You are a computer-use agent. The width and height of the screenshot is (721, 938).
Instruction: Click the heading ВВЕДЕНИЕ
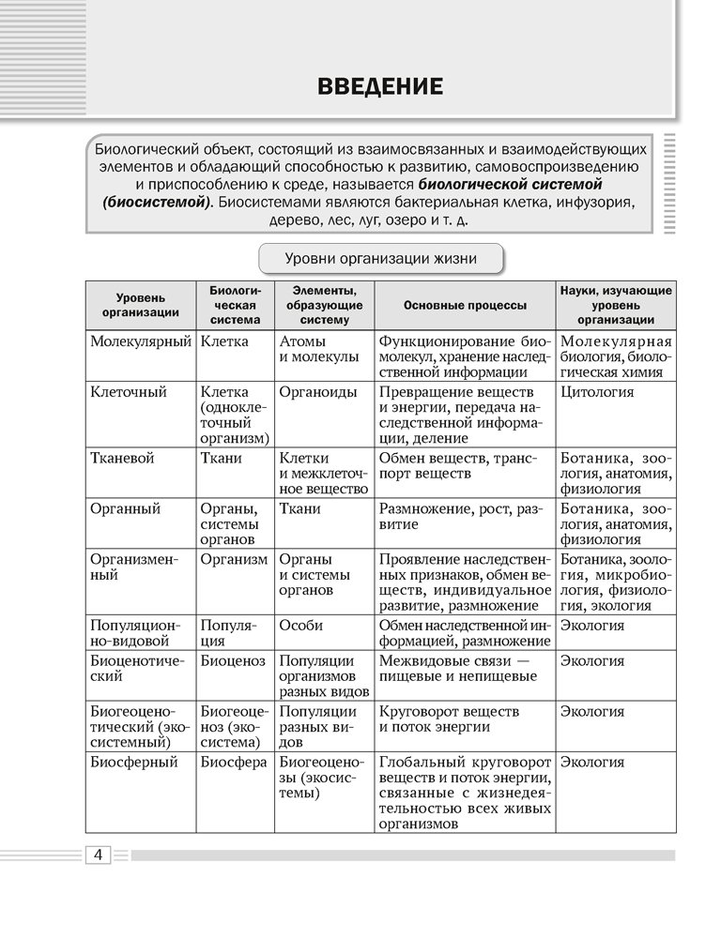click(x=380, y=88)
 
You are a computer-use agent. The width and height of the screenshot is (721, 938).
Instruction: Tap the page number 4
click(x=99, y=855)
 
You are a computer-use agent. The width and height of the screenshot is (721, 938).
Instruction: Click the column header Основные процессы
click(x=465, y=305)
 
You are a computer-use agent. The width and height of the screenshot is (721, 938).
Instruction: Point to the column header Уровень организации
click(x=141, y=305)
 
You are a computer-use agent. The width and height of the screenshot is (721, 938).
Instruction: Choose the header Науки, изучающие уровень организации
click(x=616, y=305)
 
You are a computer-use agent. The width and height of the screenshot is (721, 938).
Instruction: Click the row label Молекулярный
click(x=141, y=341)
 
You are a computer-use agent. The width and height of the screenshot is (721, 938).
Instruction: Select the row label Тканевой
click(x=122, y=458)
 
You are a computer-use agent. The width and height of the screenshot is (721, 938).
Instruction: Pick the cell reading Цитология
click(x=596, y=392)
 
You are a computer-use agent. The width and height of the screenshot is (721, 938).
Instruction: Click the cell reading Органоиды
click(x=314, y=392)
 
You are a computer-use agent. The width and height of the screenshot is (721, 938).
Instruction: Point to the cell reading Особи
click(x=301, y=625)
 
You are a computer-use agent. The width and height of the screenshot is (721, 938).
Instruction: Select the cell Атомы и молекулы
click(x=319, y=349)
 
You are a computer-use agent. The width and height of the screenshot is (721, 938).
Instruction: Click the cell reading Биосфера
click(x=233, y=762)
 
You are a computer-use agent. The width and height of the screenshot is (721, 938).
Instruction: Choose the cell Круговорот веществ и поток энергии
click(x=448, y=719)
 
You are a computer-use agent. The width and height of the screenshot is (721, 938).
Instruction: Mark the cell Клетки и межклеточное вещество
click(x=324, y=473)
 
